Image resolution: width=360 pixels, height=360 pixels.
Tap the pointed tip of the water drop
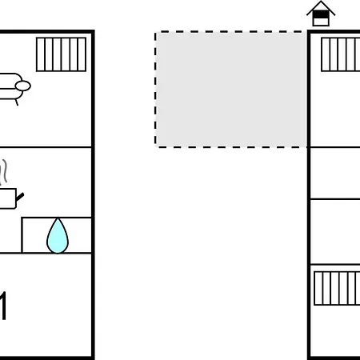(x=58, y=218)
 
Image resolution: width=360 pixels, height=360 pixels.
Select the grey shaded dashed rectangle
(x=230, y=90)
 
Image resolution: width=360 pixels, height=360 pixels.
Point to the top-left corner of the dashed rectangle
(x=155, y=32)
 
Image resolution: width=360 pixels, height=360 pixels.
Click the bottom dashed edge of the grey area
(x=230, y=146)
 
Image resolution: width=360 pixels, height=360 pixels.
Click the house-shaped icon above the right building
(x=321, y=14)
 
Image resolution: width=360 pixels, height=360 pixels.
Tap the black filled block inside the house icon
(x=321, y=14)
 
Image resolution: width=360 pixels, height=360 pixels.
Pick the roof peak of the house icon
(x=321, y=2)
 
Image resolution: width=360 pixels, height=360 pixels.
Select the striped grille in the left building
(x=61, y=54)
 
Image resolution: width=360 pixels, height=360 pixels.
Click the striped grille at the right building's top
(x=341, y=54)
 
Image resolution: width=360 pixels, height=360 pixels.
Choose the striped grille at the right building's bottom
(x=337, y=288)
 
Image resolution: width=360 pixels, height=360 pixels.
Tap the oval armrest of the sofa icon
(x=23, y=86)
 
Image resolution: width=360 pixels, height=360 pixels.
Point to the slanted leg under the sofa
(x=17, y=102)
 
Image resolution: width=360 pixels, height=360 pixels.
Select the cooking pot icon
(x=10, y=198)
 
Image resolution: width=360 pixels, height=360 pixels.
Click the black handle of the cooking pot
(x=20, y=197)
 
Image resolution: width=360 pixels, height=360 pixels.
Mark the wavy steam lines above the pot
(x=3, y=172)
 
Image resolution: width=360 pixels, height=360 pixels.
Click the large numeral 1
(x=2, y=306)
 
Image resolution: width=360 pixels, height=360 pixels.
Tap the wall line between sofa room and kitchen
(x=46, y=147)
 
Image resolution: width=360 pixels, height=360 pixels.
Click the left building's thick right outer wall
(x=93, y=194)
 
